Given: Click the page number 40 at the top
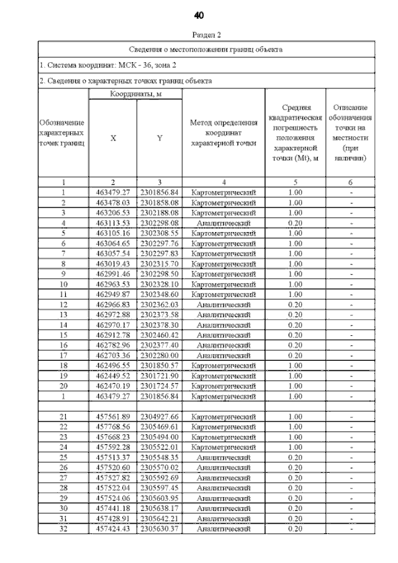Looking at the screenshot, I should (198, 15).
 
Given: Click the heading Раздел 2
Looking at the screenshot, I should (198, 35).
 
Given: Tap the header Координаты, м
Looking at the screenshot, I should (136, 93).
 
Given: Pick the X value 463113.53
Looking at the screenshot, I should (113, 223).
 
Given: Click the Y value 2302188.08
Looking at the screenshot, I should (159, 213).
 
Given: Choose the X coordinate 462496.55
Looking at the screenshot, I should (113, 366).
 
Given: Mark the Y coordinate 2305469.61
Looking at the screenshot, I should (159, 427).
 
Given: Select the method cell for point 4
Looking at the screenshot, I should (223, 223).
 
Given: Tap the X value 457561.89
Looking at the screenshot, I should (113, 417).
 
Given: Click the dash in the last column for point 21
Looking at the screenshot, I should (351, 417).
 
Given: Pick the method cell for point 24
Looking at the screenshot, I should (223, 447).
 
